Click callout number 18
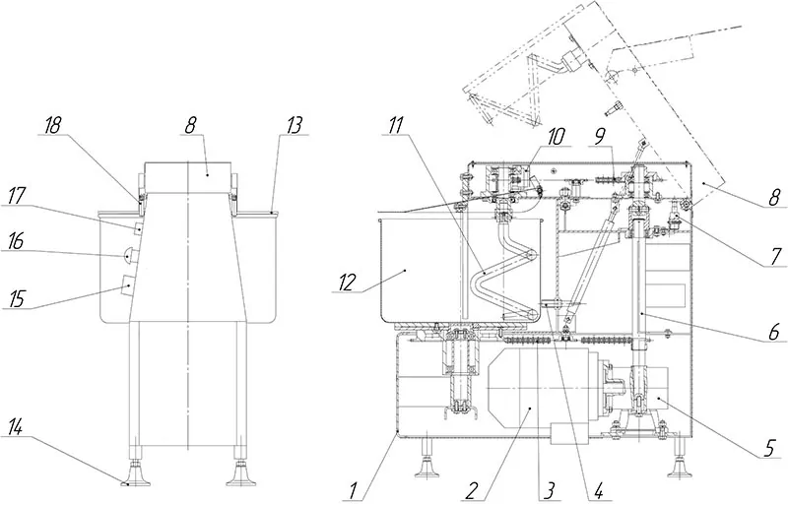52,126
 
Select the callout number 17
17,197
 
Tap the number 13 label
294,126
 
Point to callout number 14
16,428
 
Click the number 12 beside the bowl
347,283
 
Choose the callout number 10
556,137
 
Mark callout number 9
600,137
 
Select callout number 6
773,332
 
